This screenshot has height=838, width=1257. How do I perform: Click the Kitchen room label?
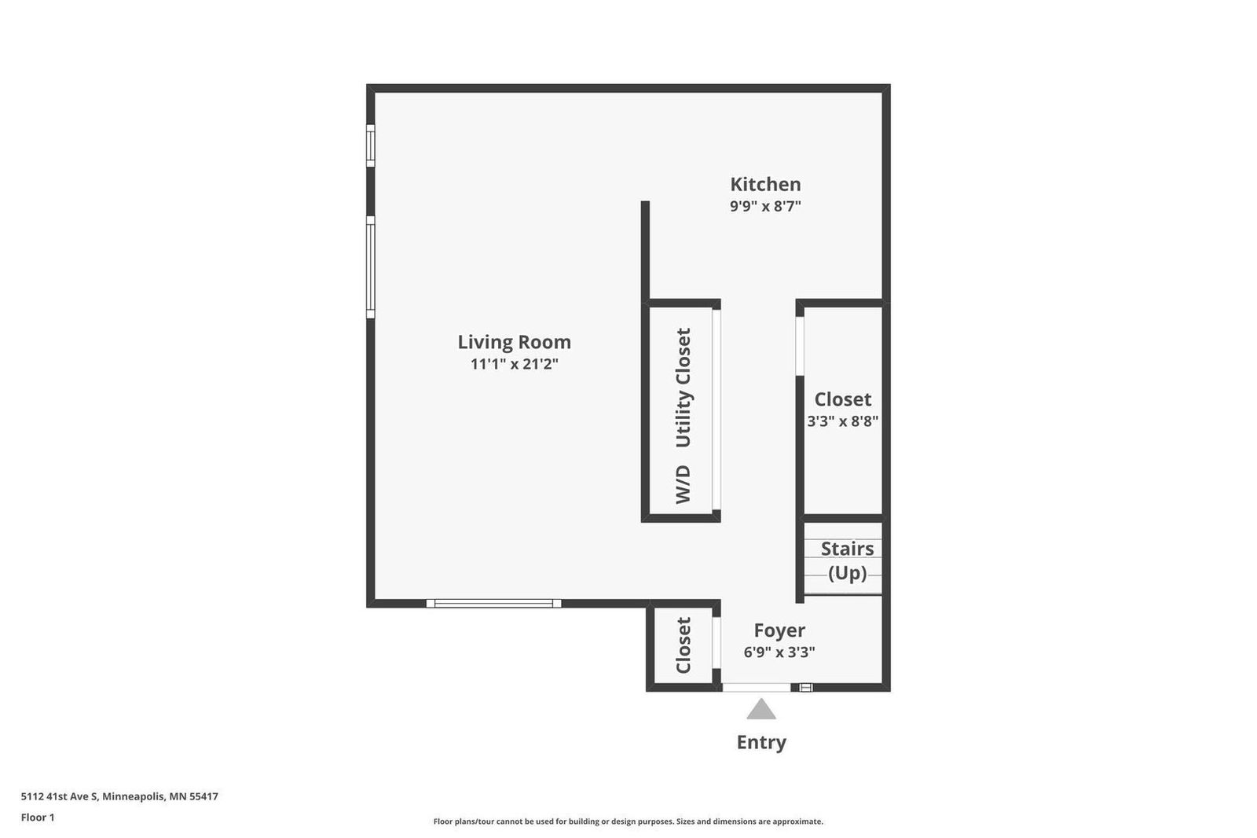(x=765, y=185)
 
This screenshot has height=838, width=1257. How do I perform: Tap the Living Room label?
(x=514, y=342)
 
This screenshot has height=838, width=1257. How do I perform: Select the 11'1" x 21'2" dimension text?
(x=514, y=364)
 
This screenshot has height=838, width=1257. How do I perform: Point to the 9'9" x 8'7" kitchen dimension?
(x=765, y=207)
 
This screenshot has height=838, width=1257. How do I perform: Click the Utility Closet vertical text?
(x=683, y=388)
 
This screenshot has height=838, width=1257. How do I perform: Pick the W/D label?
(x=683, y=484)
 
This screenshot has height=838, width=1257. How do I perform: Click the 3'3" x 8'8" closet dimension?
(x=842, y=421)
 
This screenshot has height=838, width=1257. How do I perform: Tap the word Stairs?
(x=847, y=549)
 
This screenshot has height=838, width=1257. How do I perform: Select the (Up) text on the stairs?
(x=847, y=573)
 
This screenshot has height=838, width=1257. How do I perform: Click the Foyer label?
(x=779, y=630)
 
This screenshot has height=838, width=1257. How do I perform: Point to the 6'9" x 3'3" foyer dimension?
(x=779, y=652)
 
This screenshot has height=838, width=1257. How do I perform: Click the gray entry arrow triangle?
(x=760, y=711)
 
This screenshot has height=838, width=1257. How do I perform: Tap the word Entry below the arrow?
(x=760, y=742)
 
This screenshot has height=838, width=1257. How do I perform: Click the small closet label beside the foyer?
(x=683, y=645)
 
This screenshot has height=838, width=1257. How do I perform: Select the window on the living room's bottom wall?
(x=493, y=604)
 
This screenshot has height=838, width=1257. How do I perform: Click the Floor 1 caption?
(x=38, y=818)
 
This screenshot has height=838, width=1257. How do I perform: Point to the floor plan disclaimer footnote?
(x=628, y=821)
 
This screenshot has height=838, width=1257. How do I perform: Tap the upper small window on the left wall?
(x=371, y=145)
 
